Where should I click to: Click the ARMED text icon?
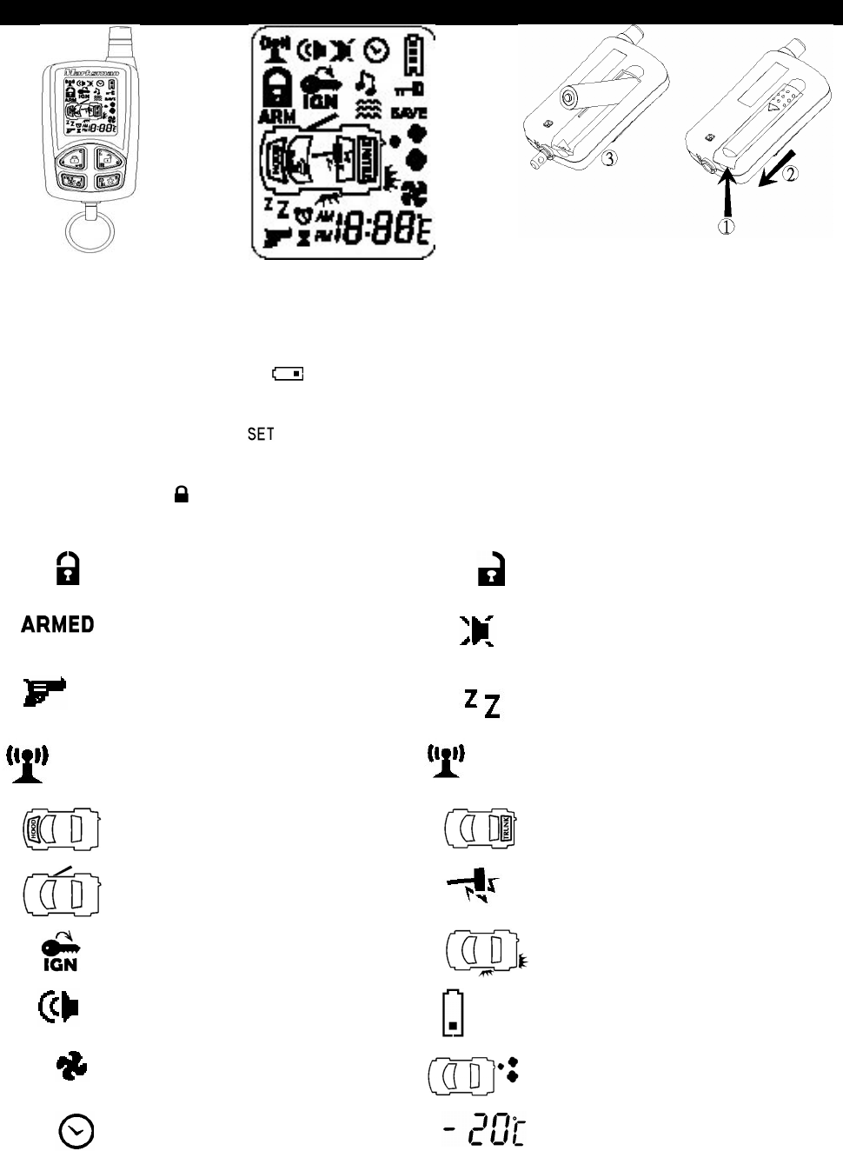(57, 624)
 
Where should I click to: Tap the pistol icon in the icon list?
(44, 692)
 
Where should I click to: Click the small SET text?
(261, 434)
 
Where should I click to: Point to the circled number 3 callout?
(611, 159)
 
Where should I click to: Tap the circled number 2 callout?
(790, 173)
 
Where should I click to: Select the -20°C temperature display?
(484, 1130)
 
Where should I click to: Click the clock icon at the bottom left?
(76, 1132)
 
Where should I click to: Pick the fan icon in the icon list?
(72, 1066)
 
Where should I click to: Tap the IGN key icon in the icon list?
(60, 953)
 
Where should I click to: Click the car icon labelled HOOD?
(61, 829)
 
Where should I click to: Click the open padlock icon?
(492, 569)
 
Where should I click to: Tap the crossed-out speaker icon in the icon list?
(477, 630)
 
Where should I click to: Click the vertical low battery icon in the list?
(453, 1014)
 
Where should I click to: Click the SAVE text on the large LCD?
(408, 113)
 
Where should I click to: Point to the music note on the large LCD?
(365, 84)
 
